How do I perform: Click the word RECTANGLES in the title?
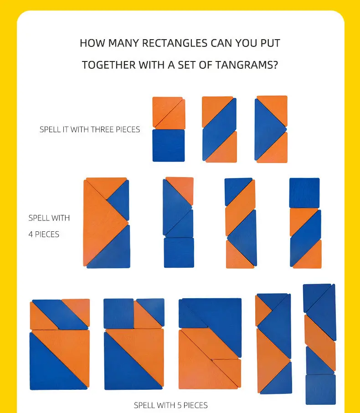click(x=175, y=43)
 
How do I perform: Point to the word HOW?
click(x=93, y=43)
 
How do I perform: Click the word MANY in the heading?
click(x=123, y=43)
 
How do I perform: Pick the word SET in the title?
click(x=186, y=65)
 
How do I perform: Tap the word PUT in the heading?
click(x=270, y=43)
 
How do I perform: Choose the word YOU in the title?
click(x=246, y=43)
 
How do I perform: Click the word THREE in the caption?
click(x=102, y=130)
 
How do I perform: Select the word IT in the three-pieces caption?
click(x=65, y=130)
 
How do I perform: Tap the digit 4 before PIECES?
click(x=31, y=235)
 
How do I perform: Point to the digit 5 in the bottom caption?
click(x=179, y=405)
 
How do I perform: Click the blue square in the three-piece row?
click(x=169, y=145)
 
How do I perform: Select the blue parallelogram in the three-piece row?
click(x=219, y=129)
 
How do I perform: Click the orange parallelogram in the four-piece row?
click(x=240, y=208)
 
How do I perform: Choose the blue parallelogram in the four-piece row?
click(x=306, y=238)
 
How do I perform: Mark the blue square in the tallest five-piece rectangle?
click(x=321, y=390)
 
